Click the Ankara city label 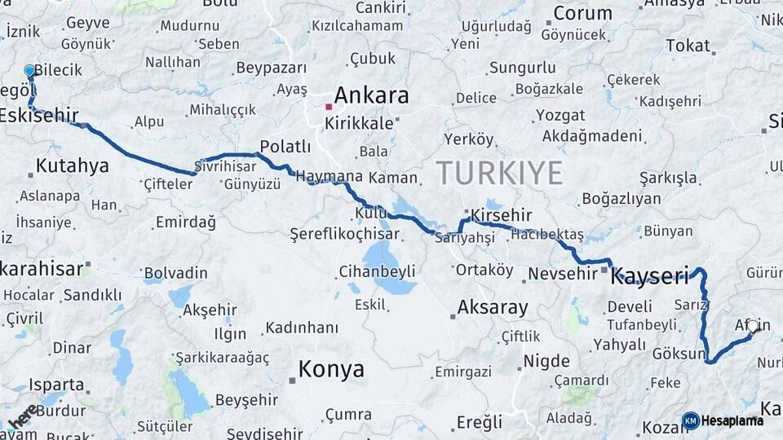click(x=371, y=95)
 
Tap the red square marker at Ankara click(x=328, y=107)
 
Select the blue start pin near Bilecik click(x=30, y=72)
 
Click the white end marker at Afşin click(x=752, y=326)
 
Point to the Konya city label click(x=331, y=369)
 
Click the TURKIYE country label click(x=499, y=173)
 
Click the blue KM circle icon click(x=691, y=420)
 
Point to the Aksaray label click(x=493, y=308)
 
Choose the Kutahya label click(x=73, y=166)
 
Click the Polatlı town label click(x=285, y=147)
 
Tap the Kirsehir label click(x=501, y=215)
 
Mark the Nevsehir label click(x=563, y=273)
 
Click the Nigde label click(x=546, y=360)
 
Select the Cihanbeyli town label click(x=378, y=271)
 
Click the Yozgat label click(x=560, y=115)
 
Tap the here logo click(x=22, y=416)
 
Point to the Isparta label click(x=56, y=385)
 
